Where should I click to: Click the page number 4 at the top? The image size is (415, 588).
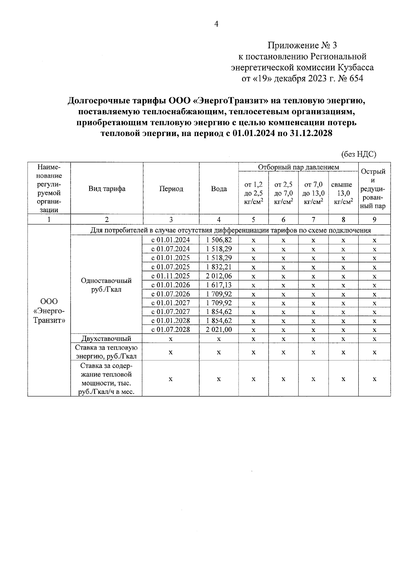point(216,24)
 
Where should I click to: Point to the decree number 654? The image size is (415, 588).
point(357,79)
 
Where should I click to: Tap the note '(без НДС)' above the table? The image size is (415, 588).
point(358,154)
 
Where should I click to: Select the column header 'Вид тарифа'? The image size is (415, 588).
point(107,189)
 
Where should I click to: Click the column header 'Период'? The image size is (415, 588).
point(171,189)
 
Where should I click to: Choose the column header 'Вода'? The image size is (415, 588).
point(219,189)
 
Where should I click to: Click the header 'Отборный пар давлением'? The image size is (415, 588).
point(298,167)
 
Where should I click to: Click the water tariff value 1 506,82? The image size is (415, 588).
point(219,240)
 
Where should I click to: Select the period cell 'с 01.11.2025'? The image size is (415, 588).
point(171,276)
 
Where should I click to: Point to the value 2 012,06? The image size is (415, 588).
point(219,276)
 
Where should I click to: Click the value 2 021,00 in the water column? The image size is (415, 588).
point(219,330)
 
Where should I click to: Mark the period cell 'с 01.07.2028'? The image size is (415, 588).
point(171,330)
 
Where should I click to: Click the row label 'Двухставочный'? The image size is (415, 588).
point(107,339)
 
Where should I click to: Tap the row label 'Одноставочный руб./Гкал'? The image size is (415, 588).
point(107,285)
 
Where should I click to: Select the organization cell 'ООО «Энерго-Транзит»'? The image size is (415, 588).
point(49,311)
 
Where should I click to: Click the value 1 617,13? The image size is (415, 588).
point(219,285)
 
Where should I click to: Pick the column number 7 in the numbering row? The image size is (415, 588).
point(313,219)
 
